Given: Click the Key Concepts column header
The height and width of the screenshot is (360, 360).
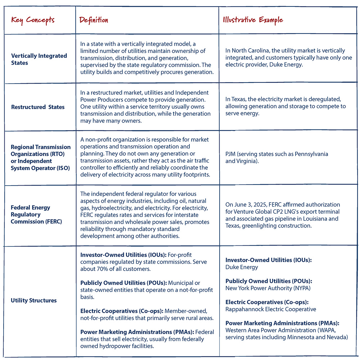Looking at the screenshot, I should pyautogui.click(x=33, y=19).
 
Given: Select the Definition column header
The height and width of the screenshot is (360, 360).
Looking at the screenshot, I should pyautogui.click(x=94, y=19).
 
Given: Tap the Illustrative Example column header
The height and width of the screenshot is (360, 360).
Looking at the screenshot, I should pyautogui.click(x=253, y=19).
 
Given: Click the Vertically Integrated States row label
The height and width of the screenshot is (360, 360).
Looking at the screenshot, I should pyautogui.click(x=39, y=59).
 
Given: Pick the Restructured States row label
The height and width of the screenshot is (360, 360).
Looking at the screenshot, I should pyautogui.click(x=38, y=107).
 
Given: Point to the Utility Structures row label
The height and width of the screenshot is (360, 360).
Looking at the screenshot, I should pyautogui.click(x=34, y=300).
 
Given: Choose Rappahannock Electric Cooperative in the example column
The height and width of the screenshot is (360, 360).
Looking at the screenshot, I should pyautogui.click(x=271, y=309).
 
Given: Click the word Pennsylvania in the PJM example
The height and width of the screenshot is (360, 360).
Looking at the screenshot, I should pyautogui.click(x=311, y=154).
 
